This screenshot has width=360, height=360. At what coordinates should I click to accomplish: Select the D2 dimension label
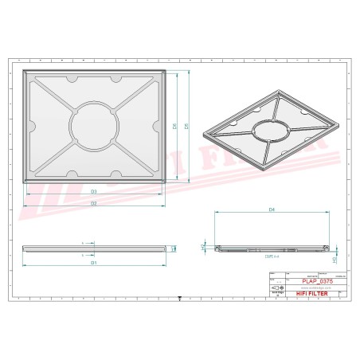pos(93,204)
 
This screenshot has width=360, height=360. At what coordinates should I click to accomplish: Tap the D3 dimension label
pos(93,192)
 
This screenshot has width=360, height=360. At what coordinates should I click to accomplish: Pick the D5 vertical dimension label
pos(186,126)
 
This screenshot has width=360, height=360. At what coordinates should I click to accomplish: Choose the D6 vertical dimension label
pos(174,126)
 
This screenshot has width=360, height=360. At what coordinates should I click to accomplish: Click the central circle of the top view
pos(93,125)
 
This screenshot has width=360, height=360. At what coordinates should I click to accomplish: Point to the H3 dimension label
pos(335,260)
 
